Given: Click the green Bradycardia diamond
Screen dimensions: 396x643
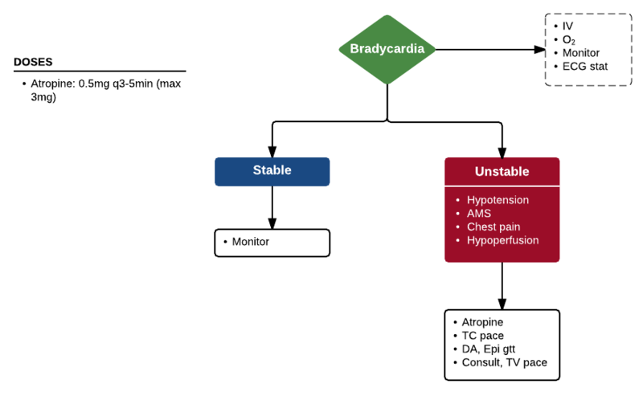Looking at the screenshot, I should tap(387, 49).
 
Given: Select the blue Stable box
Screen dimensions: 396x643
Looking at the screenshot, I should tap(272, 171).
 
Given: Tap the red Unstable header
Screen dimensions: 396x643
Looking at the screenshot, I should tap(502, 171).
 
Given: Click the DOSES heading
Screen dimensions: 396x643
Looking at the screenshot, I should tap(34, 62).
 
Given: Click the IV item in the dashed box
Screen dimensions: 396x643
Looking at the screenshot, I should tap(567, 27).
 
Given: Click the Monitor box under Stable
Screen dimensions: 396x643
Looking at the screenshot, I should tap(272, 242).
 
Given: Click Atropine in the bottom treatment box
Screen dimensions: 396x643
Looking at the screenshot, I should tap(482, 322).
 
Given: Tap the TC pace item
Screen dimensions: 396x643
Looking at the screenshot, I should tap(483, 336).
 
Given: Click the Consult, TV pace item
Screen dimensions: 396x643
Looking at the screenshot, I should tap(504, 363).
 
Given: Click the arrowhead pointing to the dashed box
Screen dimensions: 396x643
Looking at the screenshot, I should tap(540, 49).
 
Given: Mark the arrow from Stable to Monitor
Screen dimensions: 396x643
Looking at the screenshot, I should tap(272, 207).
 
